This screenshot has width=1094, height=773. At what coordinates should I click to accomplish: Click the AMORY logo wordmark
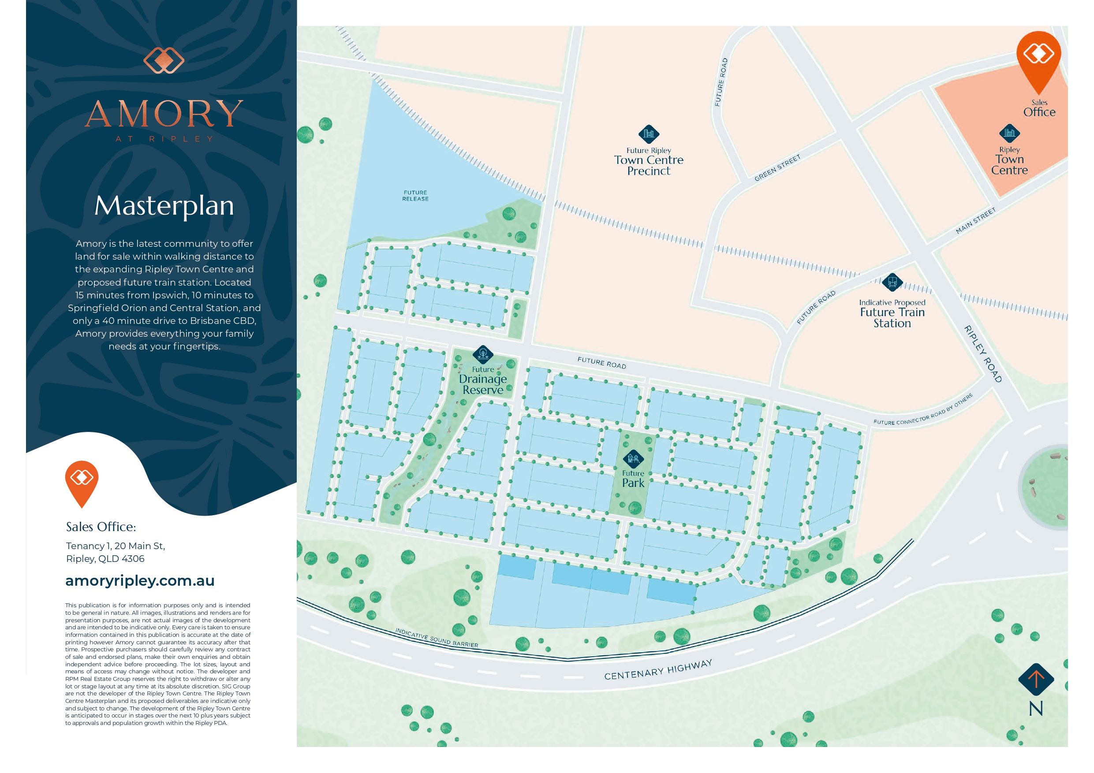(164, 113)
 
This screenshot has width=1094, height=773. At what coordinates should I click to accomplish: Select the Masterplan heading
(164, 206)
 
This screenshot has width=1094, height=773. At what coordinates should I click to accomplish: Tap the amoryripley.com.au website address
(140, 580)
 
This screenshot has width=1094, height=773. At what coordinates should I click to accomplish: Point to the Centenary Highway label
(658, 669)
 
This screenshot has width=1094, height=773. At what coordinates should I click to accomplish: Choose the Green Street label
(777, 168)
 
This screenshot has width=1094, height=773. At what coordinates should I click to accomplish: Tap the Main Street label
(976, 221)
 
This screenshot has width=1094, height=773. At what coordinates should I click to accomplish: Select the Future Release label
(415, 196)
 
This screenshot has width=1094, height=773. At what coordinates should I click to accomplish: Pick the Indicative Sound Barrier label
(437, 638)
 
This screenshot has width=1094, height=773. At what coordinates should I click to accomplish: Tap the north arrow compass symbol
(1036, 679)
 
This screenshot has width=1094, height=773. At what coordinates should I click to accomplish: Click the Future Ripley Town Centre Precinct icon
(649, 134)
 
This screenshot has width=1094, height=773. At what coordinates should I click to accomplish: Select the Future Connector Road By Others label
(922, 409)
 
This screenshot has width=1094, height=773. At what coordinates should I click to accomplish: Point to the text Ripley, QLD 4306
(105, 559)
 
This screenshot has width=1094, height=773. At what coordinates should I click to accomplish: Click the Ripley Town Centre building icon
(1009, 134)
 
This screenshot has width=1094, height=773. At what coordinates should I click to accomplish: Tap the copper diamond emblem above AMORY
(164, 60)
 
